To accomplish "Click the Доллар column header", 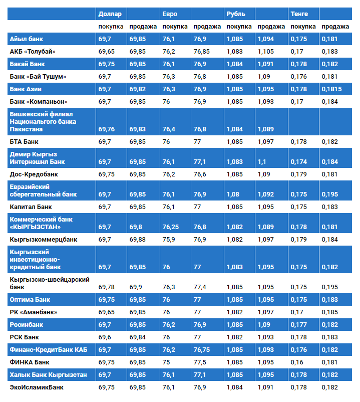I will click(110, 14).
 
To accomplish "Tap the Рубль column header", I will click(236, 14).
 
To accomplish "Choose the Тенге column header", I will click(299, 14).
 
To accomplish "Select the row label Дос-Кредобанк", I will click(34, 174).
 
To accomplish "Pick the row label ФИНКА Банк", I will click(30, 362).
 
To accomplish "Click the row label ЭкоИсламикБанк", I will click(37, 387).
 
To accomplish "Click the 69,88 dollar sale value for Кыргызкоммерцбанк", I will click(138, 239).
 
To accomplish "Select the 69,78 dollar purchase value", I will click(107, 287).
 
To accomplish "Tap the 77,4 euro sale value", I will click(200, 287).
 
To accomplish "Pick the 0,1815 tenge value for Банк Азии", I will click(331, 89).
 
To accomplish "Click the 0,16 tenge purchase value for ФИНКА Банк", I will click(297, 362).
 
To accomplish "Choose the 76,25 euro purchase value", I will click(171, 227).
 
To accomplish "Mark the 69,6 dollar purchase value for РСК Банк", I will click(105, 337).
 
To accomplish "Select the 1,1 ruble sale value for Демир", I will click(262, 162).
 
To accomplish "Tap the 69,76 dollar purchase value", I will click(107, 129).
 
